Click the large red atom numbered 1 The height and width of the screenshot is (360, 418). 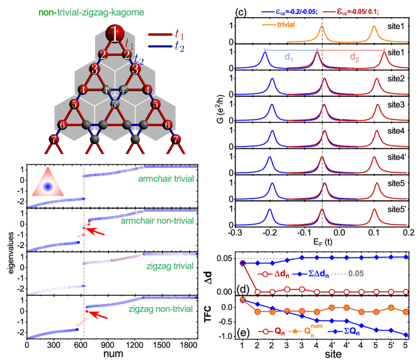coord(115,33)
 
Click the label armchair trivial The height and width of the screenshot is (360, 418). coord(166,179)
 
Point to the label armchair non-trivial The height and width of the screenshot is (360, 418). coord(157,221)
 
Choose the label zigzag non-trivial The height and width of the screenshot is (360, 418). coord(161,309)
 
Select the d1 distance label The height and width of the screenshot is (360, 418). coord(289,57)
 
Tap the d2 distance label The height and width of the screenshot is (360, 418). coord(355,57)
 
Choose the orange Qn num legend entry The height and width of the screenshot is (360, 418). coord(303,330)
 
